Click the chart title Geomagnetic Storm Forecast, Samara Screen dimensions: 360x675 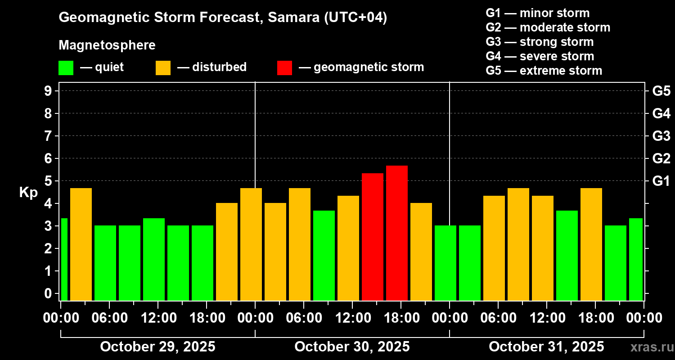pyautogui.click(x=223, y=18)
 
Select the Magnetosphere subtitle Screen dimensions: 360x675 pyautogui.click(x=107, y=45)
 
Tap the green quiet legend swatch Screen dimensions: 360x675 pyautogui.click(x=66, y=68)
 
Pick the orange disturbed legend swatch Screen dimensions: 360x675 pyautogui.click(x=163, y=68)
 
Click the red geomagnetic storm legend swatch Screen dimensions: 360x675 pyautogui.click(x=284, y=68)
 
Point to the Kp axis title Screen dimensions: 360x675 pyautogui.click(x=28, y=192)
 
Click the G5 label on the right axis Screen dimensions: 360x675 pyautogui.click(x=661, y=91)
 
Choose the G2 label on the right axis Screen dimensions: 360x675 pyautogui.click(x=661, y=158)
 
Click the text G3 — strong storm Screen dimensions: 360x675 pyautogui.click(x=540, y=42)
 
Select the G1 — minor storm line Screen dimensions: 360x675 pyautogui.click(x=537, y=13)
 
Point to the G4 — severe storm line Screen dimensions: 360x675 pyautogui.click(x=540, y=56)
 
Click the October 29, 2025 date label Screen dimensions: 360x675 pyautogui.click(x=157, y=347)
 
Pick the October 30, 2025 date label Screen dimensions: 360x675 pyautogui.click(x=352, y=347)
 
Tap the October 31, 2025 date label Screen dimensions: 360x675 pyautogui.click(x=546, y=347)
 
